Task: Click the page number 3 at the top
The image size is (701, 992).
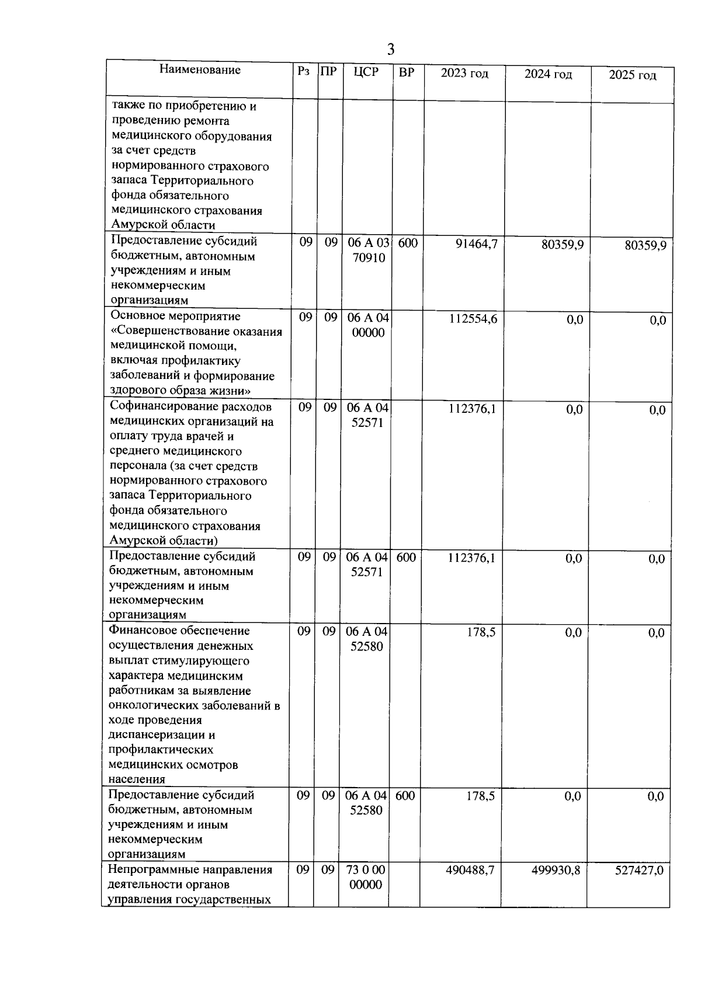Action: coord(391,50)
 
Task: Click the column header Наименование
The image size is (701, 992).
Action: coord(200,70)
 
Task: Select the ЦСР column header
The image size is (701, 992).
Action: coord(366,72)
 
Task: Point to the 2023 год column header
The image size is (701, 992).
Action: coord(464,74)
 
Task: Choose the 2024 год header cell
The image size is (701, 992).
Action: coord(548,74)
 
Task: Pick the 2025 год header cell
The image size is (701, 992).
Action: coord(632,75)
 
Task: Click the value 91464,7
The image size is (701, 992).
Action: coord(477,244)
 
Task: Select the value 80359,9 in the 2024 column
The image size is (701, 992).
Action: coord(562,245)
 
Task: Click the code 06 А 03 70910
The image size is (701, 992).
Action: coord(369,250)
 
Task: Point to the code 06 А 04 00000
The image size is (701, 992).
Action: coord(367,325)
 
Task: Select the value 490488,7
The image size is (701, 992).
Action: coord(470,870)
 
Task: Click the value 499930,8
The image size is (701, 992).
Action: coord(556,870)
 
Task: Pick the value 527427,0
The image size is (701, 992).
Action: coord(639,871)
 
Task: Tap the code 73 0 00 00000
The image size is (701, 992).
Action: coord(366,877)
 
